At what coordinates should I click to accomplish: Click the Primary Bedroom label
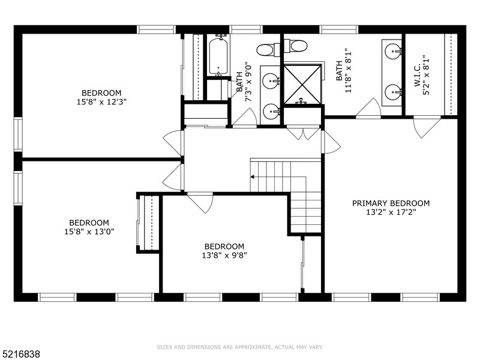pyautogui.click(x=391, y=203)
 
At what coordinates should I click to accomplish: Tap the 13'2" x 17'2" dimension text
pyautogui.click(x=391, y=212)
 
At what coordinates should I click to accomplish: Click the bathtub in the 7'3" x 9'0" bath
pyautogui.click(x=218, y=57)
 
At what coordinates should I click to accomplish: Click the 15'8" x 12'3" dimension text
pyautogui.click(x=101, y=101)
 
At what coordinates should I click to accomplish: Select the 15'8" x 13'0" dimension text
pyautogui.click(x=88, y=231)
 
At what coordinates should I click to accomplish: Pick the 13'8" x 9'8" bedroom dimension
pyautogui.click(x=224, y=255)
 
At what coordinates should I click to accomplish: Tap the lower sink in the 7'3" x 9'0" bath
pyautogui.click(x=272, y=110)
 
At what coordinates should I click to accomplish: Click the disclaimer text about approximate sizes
pyautogui.click(x=240, y=347)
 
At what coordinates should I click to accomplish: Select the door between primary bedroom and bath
pyautogui.click(x=368, y=109)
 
